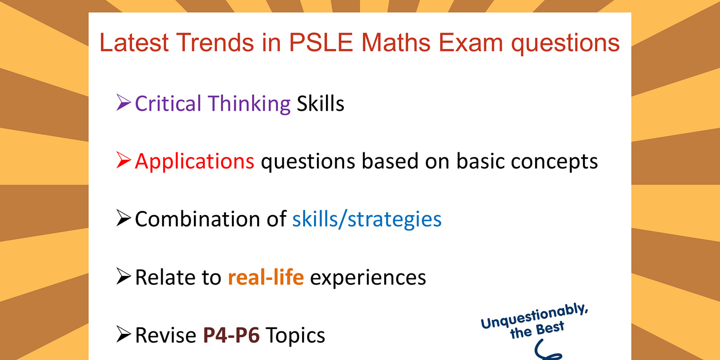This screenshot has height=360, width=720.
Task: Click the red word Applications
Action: (194, 162)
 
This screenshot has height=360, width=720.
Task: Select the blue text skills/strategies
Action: (366, 219)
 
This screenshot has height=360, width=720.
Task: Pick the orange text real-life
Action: (266, 277)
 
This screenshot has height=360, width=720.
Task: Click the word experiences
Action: (367, 277)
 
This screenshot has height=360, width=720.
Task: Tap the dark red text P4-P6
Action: (231, 335)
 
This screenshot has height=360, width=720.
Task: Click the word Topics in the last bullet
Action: (295, 335)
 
